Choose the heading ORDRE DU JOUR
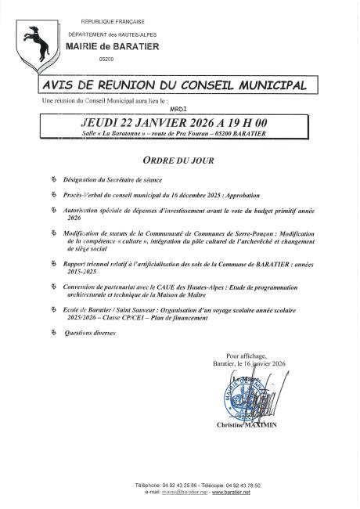click(x=179, y=157)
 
